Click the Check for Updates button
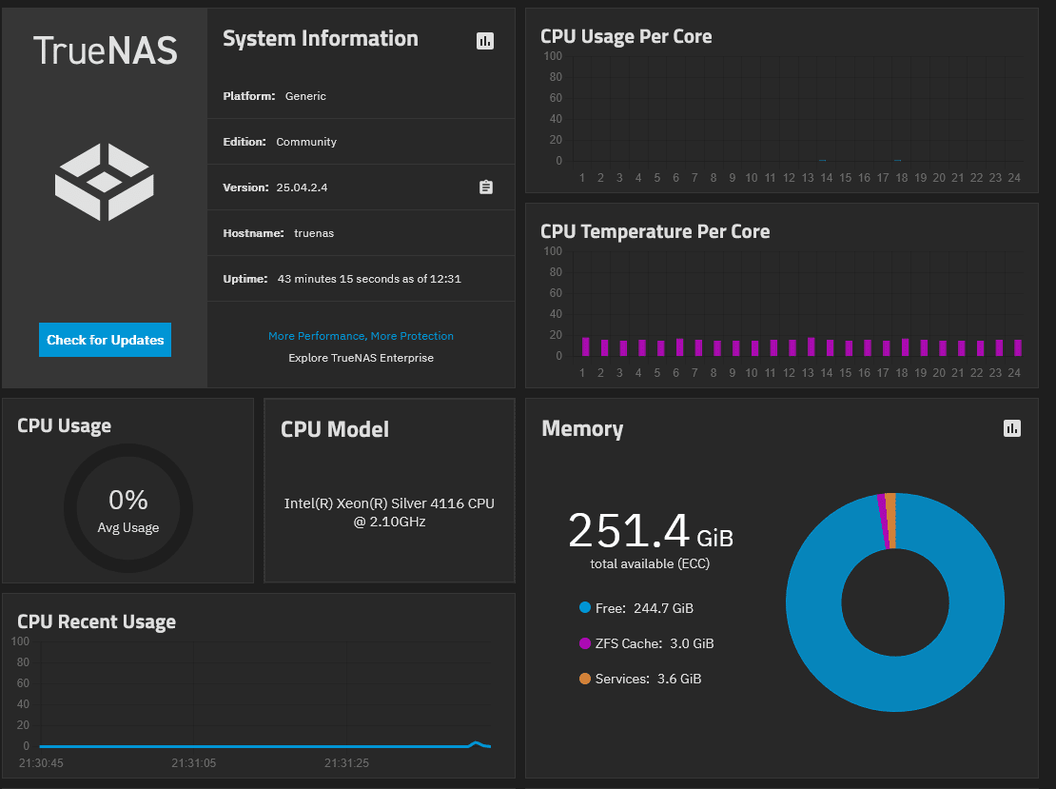point(105,340)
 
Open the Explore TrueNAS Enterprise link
point(361,358)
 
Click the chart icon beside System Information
point(485,40)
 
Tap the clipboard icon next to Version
point(485,187)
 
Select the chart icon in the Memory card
point(1012,428)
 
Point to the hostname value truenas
point(314,233)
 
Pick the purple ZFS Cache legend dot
point(584,643)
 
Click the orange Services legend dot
point(584,679)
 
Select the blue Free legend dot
point(584,608)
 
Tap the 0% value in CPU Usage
point(128,500)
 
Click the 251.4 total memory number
point(629,531)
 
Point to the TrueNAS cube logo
point(105,182)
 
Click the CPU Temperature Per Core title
point(655,231)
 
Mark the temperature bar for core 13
point(812,346)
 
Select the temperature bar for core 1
point(585,346)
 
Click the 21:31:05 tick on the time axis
point(194,763)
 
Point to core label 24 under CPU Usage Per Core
point(1014,178)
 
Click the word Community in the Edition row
point(306,142)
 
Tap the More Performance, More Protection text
point(361,336)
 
